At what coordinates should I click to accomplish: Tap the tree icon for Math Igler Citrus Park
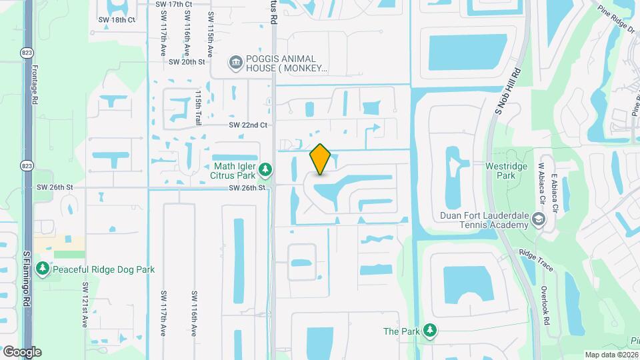[x=265, y=170]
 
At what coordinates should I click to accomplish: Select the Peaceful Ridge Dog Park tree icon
[x=43, y=269]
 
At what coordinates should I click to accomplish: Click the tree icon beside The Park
[x=431, y=331]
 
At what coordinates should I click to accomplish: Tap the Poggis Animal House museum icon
[x=235, y=63]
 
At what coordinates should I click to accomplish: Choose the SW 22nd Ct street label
[x=247, y=125]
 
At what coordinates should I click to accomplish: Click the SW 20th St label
[x=187, y=61]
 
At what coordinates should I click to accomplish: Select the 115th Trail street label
[x=198, y=109]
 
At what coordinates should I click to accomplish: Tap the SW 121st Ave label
[x=85, y=304]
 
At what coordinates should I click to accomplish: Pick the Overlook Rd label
[x=545, y=307]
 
